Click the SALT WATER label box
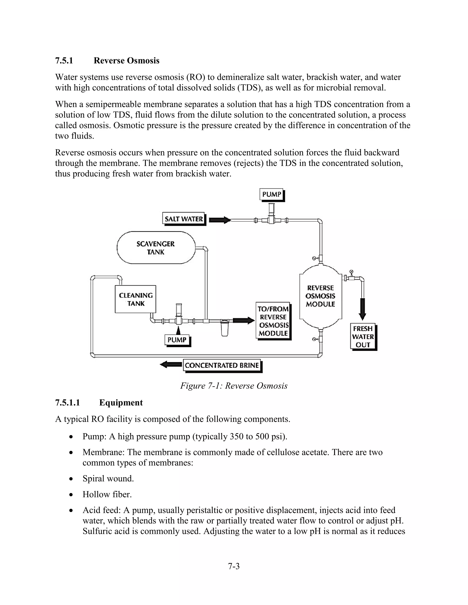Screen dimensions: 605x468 pyautogui.click(x=183, y=219)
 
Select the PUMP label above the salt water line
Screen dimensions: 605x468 pyautogui.click(x=272, y=194)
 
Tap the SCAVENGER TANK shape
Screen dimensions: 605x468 pyautogui.click(x=156, y=248)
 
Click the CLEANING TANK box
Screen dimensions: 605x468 pyautogui.click(x=136, y=299)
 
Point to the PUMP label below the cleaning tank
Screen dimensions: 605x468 pyautogui.click(x=177, y=340)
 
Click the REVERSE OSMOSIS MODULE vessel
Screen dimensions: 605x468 pyautogui.click(x=321, y=296)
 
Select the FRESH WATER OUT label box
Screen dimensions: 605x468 pyautogui.click(x=363, y=337)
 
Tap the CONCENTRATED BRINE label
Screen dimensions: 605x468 pyautogui.click(x=222, y=365)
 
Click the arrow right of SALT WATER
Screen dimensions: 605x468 pyautogui.click(x=220, y=220)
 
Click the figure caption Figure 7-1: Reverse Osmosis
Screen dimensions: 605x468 pyautogui.click(x=234, y=386)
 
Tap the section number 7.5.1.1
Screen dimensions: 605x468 pyautogui.click(x=67, y=402)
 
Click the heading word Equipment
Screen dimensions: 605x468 pyautogui.click(x=121, y=402)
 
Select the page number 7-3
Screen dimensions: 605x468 pyautogui.click(x=234, y=566)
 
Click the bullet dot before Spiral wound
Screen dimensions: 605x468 pyautogui.click(x=71, y=479)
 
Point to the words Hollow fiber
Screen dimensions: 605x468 pyautogui.click(x=107, y=494)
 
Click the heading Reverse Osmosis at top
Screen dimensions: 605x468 pyautogui.click(x=126, y=60)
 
